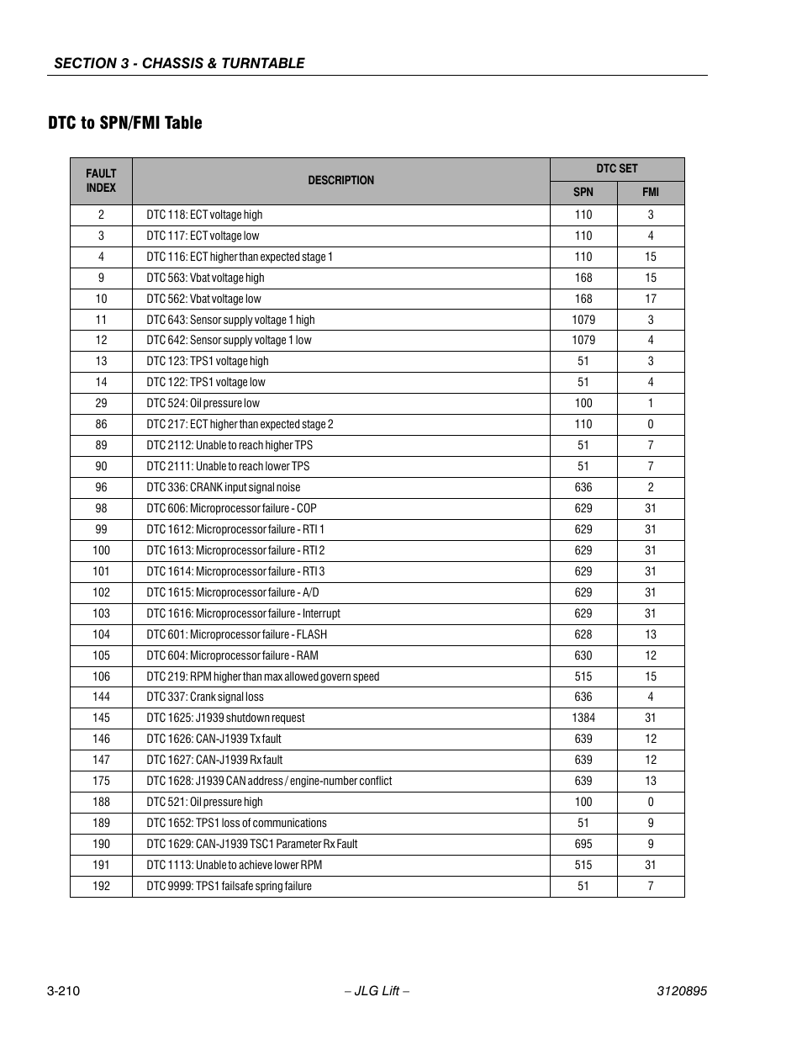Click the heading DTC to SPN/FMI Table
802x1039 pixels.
pyautogui.click(x=124, y=123)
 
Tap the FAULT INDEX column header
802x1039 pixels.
pyautogui.click(x=101, y=181)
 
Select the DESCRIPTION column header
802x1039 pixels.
pyautogui.click(x=340, y=180)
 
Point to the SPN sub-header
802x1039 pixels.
pyautogui.click(x=583, y=192)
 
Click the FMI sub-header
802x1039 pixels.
pyautogui.click(x=651, y=192)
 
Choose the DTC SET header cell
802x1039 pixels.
pyautogui.click(x=617, y=168)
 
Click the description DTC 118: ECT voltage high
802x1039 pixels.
pyautogui.click(x=204, y=215)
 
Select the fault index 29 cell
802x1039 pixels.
pyautogui.click(x=101, y=403)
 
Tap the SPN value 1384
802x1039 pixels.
pyautogui.click(x=583, y=718)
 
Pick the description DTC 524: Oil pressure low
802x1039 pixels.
pyautogui.click(x=203, y=403)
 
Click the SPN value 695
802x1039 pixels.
pyautogui.click(x=583, y=844)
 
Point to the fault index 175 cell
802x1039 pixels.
pyautogui.click(x=101, y=781)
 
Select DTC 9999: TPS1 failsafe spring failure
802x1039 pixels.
pyautogui.click(x=229, y=886)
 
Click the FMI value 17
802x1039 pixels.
pyautogui.click(x=651, y=299)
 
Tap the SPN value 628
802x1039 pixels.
pyautogui.click(x=583, y=634)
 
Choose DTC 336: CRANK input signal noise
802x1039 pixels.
pyautogui.click(x=223, y=487)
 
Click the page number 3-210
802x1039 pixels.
pyautogui.click(x=63, y=991)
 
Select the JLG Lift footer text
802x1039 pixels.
pyautogui.click(x=377, y=991)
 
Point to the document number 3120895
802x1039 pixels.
pyautogui.click(x=681, y=991)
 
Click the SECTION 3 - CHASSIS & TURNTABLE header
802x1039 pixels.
pyautogui.click(x=179, y=63)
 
